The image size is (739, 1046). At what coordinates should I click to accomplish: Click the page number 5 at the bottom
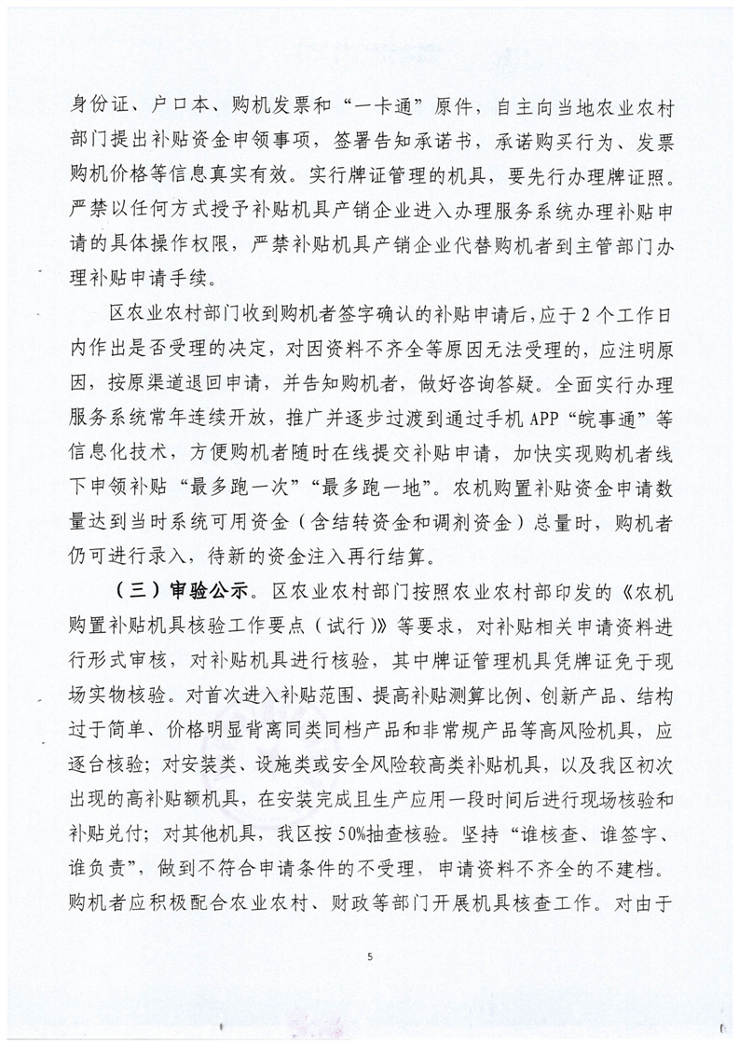point(370,956)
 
